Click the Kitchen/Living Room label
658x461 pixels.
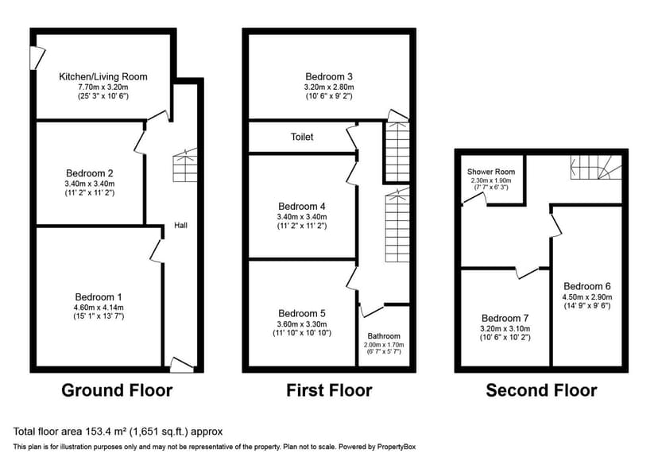(103, 77)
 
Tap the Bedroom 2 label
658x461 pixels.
(89, 173)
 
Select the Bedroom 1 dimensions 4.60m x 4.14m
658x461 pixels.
(99, 307)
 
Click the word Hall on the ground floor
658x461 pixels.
(181, 226)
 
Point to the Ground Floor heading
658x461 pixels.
(117, 390)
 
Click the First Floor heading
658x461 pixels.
(329, 390)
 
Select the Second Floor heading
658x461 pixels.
(541, 390)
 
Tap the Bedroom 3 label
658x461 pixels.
(329, 77)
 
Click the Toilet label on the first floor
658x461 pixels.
(302, 138)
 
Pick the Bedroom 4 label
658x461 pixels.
(302, 206)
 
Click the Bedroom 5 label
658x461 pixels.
(302, 313)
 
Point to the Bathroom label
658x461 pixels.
(384, 336)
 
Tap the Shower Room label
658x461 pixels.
(490, 172)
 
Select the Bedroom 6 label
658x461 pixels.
(587, 286)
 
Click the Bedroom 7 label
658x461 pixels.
(505, 318)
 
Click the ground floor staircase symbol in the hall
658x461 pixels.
(184, 165)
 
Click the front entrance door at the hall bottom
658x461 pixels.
(182, 365)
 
